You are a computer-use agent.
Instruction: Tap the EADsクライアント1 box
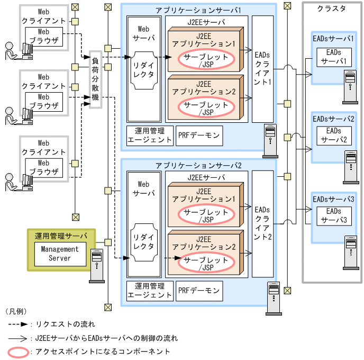point(262,68)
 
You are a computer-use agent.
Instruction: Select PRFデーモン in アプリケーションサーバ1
point(199,136)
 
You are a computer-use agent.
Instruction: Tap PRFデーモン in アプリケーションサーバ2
point(199,291)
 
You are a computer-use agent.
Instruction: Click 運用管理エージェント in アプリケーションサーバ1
point(150,136)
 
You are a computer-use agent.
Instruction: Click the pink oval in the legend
point(19,351)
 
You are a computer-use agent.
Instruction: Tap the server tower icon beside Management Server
point(97,264)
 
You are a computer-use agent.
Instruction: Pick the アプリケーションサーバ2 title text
point(198,165)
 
